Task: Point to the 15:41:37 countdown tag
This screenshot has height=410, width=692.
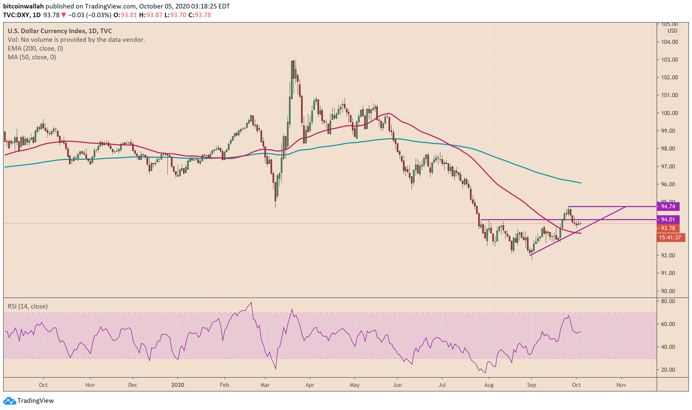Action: coord(670,237)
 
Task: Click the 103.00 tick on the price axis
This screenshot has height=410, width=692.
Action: coord(669,60)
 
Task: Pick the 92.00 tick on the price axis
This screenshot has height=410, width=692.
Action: coord(669,255)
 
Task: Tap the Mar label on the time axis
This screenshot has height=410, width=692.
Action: coord(265,385)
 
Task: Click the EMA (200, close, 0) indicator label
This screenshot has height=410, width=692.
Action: coord(35,48)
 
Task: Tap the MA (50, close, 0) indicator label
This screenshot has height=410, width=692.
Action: coord(32,57)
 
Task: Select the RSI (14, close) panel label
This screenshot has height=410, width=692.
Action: coord(28,306)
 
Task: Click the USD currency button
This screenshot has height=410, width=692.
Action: coord(672,31)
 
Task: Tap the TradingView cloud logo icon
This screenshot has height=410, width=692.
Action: coord(9,400)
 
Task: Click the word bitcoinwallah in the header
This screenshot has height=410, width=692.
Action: coord(23,6)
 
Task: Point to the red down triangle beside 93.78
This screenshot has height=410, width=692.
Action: coord(63,15)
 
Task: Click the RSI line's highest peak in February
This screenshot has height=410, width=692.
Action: coord(251,303)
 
